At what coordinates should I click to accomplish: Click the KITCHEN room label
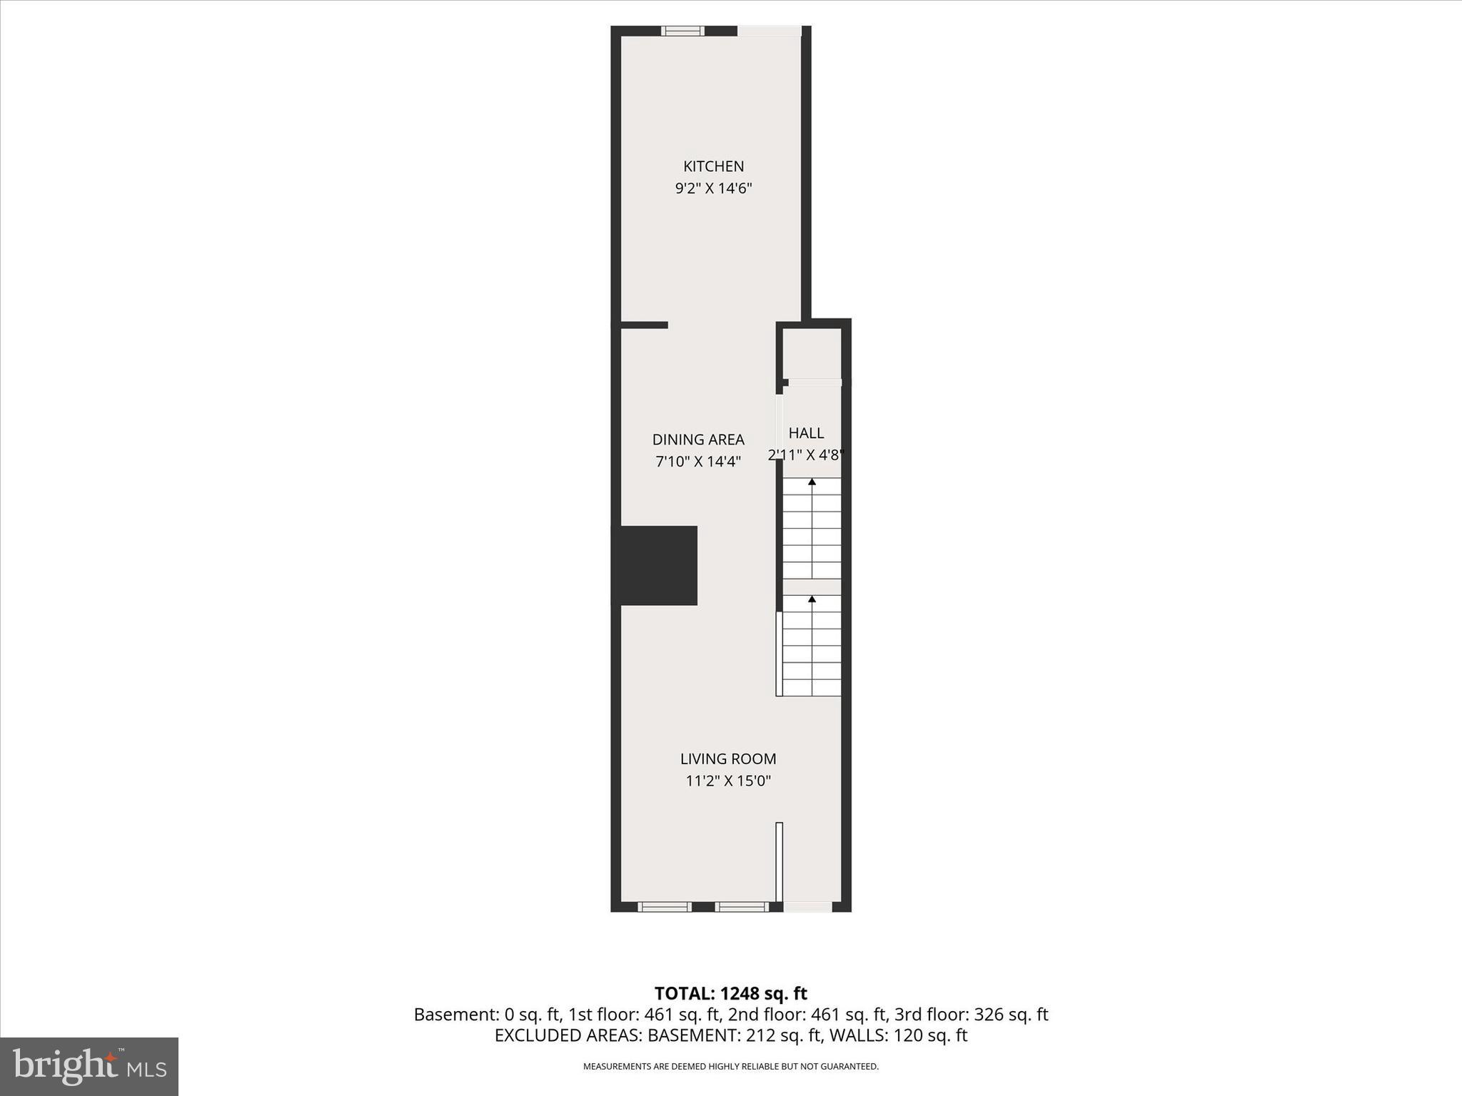[713, 166]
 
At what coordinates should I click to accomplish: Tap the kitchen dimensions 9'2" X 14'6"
[713, 189]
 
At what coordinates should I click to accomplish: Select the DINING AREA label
[698, 440]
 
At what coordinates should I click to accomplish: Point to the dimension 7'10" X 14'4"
[698, 462]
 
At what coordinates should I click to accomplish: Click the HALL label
[806, 433]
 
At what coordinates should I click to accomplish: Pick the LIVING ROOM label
[727, 759]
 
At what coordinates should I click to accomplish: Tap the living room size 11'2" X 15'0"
[728, 781]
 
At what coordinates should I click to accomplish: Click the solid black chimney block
[657, 565]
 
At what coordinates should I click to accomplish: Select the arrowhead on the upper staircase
[812, 482]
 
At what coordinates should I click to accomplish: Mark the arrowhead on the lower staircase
[812, 599]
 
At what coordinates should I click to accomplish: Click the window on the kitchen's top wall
[682, 31]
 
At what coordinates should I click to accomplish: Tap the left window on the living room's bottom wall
[664, 907]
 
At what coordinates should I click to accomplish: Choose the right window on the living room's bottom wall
[741, 907]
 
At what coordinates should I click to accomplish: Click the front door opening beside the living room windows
[807, 907]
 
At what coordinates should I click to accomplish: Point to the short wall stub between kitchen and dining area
[644, 325]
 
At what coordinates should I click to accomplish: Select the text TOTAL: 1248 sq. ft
[730, 993]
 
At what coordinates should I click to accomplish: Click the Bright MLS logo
[89, 1067]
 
